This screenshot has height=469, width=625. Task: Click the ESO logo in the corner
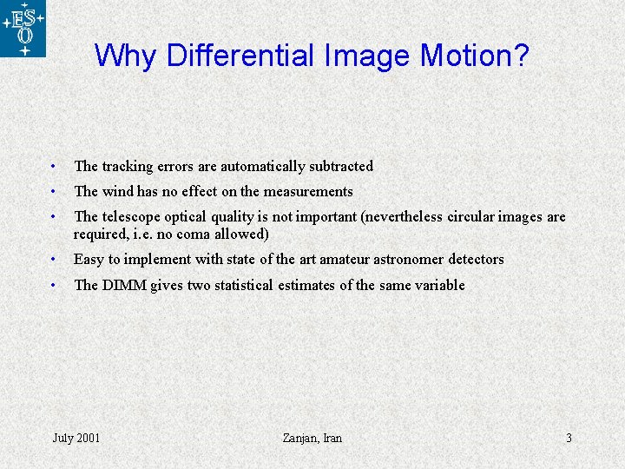[x=23, y=29]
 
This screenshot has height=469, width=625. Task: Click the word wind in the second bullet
[x=118, y=191]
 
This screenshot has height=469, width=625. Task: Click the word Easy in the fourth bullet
[x=89, y=260]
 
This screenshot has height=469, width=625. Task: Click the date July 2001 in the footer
[x=76, y=438]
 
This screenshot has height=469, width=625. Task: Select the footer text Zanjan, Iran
[x=312, y=438]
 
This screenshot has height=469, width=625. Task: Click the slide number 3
[x=569, y=438]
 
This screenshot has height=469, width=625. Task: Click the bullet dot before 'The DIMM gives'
[x=54, y=285]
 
